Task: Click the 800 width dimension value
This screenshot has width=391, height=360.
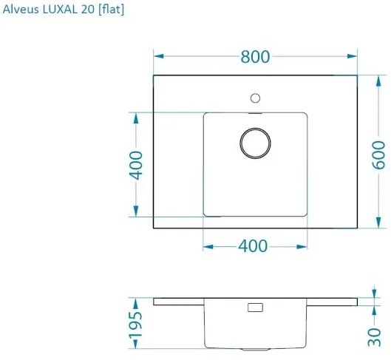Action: (x=255, y=57)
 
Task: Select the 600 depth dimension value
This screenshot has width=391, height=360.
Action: (x=378, y=154)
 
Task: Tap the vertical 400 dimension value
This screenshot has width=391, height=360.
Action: (x=135, y=165)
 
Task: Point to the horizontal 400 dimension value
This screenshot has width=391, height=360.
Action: (x=253, y=246)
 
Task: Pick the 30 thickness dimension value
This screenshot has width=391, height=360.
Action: (x=378, y=335)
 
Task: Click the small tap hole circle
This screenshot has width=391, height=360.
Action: (x=256, y=98)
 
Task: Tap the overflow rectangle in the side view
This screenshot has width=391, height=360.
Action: (x=255, y=307)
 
